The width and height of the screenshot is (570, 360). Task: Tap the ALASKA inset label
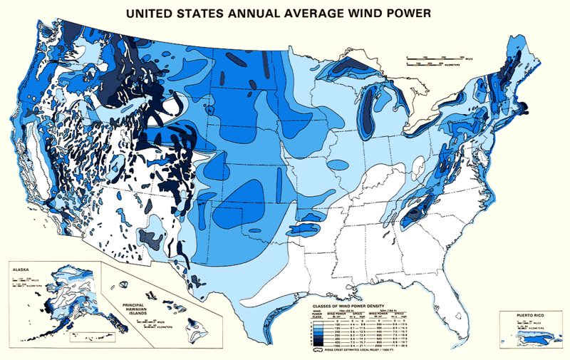(22, 270)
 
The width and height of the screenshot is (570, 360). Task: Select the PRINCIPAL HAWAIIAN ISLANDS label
(130, 304)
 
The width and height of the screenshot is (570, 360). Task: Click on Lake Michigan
(368, 107)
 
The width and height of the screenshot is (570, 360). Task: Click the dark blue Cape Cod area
(525, 109)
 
